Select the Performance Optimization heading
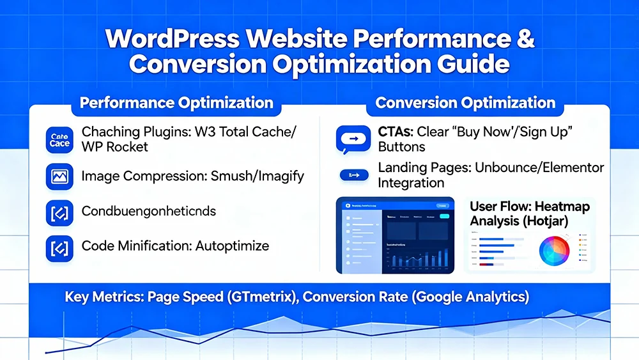(176, 103)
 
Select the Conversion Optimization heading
(465, 103)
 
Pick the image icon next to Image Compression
(59, 176)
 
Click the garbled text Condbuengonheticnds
(149, 212)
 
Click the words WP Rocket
(114, 147)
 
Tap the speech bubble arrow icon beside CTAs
(352, 139)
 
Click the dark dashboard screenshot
(395, 235)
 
